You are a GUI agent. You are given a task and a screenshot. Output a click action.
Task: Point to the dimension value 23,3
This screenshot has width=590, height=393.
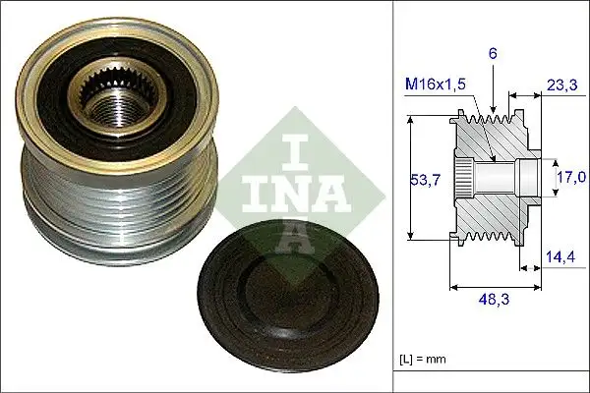[561, 86]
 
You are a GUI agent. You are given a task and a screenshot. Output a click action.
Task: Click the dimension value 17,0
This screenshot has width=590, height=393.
[572, 177]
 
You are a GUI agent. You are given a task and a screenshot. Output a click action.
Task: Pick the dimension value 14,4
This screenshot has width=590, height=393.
[560, 258]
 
